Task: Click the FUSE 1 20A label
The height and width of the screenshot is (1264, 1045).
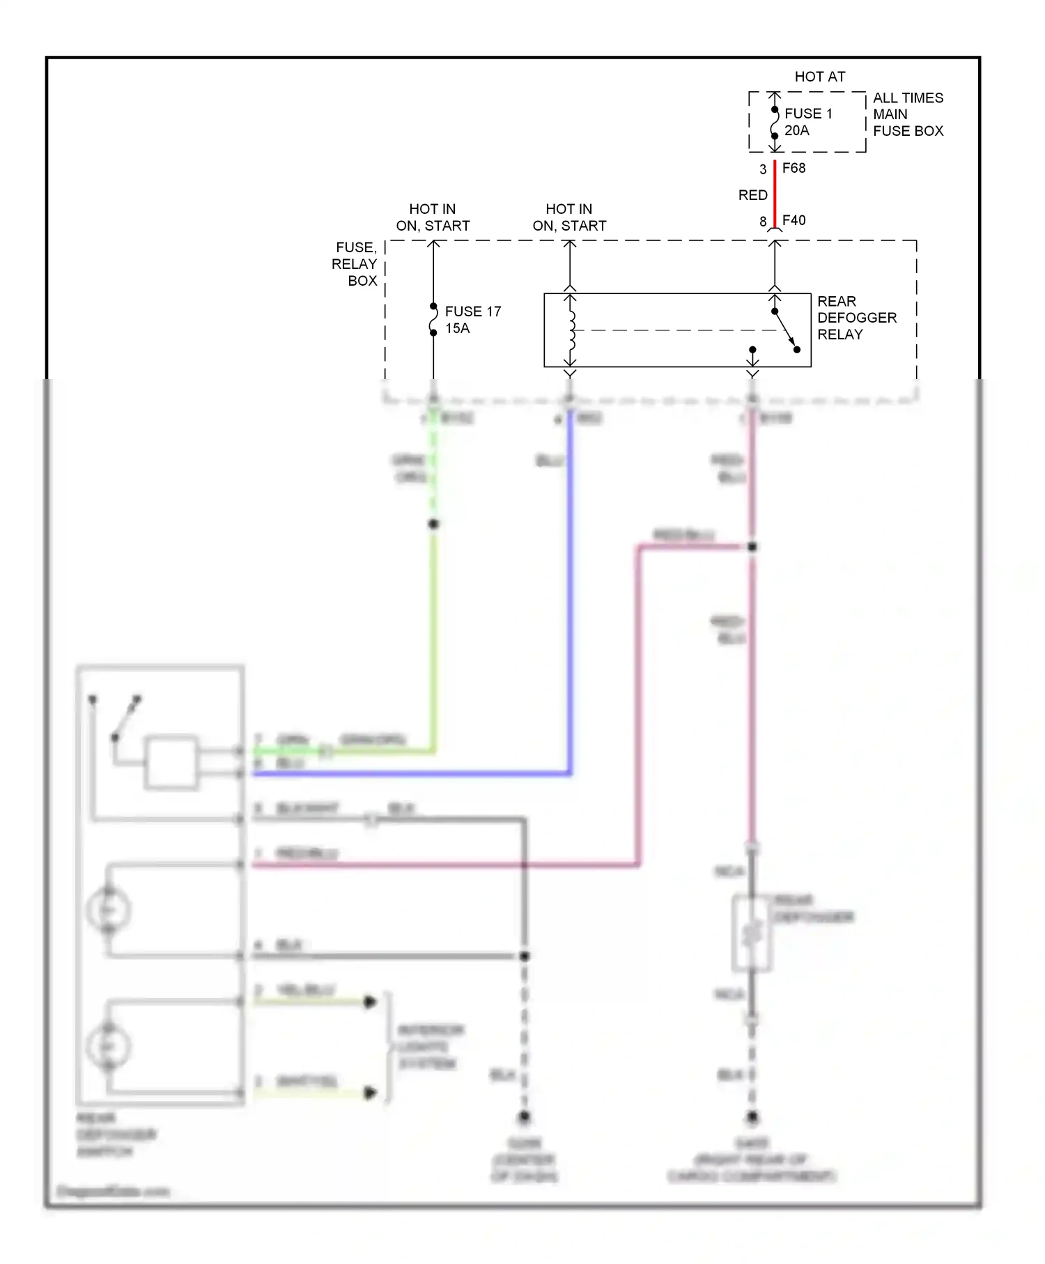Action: tap(807, 122)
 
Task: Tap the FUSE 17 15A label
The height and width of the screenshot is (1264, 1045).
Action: tap(472, 320)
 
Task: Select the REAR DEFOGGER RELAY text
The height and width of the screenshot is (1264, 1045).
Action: tap(856, 318)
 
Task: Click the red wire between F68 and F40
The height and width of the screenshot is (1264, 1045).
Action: tap(775, 194)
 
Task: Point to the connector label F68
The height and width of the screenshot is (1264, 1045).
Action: tap(794, 168)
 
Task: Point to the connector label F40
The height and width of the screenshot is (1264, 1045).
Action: tap(794, 220)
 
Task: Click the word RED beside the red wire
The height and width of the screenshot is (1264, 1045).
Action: tap(752, 195)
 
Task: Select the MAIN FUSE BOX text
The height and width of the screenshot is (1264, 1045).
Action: tap(908, 123)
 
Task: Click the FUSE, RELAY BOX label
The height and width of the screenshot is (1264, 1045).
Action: tap(355, 264)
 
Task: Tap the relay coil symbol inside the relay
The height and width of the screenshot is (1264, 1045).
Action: tap(571, 330)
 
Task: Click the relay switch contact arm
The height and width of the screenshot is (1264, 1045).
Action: tap(785, 330)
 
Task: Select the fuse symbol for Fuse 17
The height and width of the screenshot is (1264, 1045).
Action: tap(433, 319)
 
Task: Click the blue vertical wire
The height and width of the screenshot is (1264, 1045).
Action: tap(570, 592)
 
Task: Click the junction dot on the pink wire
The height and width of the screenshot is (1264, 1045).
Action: tap(752, 547)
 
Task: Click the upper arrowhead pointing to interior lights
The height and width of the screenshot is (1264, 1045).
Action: tap(370, 1002)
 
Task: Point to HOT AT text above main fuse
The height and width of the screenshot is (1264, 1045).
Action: tap(819, 77)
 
